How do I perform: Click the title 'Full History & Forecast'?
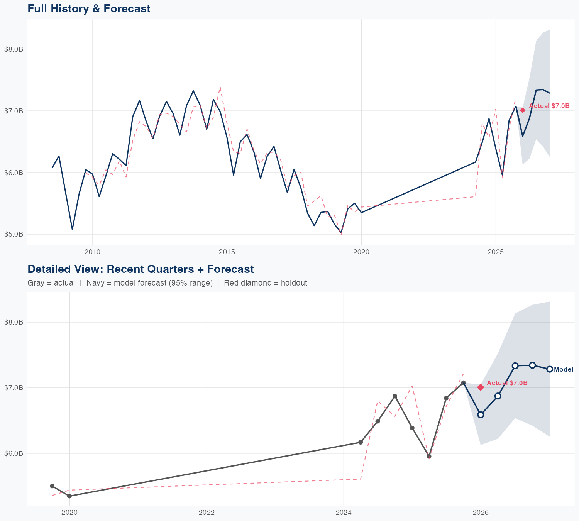(x=89, y=8)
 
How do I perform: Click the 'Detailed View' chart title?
(x=141, y=269)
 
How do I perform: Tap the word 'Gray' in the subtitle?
(x=36, y=283)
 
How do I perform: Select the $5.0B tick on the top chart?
(x=13, y=234)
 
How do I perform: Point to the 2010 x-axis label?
(x=92, y=252)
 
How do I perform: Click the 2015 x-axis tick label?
(x=227, y=252)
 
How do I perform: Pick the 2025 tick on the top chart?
(x=496, y=252)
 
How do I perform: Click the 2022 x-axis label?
(x=207, y=513)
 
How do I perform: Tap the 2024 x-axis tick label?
(x=344, y=513)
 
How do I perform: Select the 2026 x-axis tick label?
(x=481, y=513)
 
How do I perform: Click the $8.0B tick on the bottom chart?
(x=13, y=322)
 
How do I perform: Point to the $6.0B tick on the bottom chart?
(x=13, y=453)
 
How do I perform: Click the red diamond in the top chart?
(x=523, y=110)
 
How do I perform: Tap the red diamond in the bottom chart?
(x=481, y=387)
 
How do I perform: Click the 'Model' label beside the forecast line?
(x=564, y=370)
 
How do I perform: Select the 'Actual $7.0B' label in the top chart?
(x=549, y=106)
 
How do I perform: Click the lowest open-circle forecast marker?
(x=481, y=414)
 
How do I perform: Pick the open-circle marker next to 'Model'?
(x=550, y=369)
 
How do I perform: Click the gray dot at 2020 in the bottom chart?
(x=69, y=496)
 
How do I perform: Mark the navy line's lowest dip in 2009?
(x=72, y=229)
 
